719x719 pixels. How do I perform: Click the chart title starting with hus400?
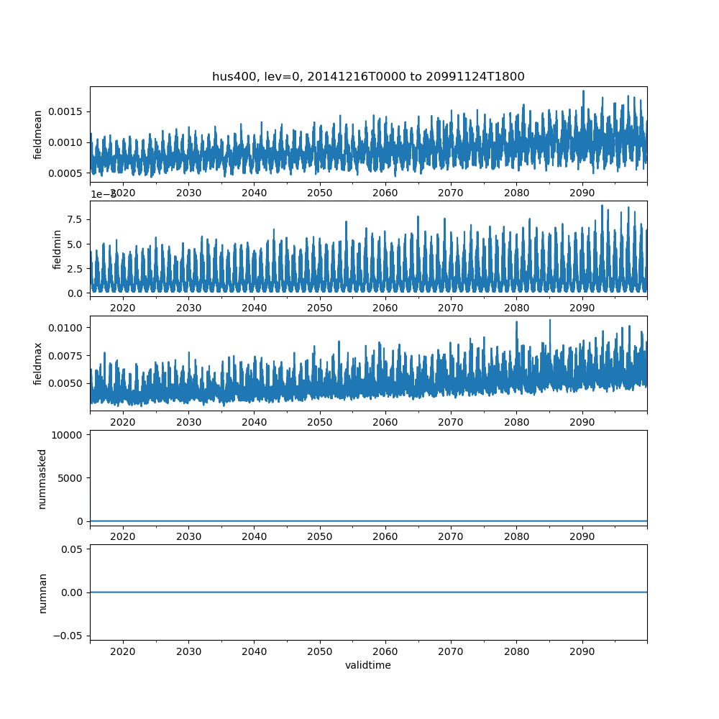coord(368,76)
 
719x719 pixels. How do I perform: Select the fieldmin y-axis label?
coord(57,249)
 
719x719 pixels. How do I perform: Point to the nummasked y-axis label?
coord(42,479)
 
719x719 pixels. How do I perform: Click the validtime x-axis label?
coord(368,666)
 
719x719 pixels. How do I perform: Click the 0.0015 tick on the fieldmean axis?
coord(66,111)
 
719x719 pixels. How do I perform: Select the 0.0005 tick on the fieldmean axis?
coord(66,173)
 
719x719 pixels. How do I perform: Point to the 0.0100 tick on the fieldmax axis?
coord(66,328)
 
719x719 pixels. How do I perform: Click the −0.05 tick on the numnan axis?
coord(72,636)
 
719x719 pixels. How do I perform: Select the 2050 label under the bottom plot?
coord(320,651)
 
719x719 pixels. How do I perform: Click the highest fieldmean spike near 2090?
coord(583,91)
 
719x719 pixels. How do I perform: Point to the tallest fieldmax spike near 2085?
coord(550,320)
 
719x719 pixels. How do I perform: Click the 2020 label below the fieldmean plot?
coord(123,193)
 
